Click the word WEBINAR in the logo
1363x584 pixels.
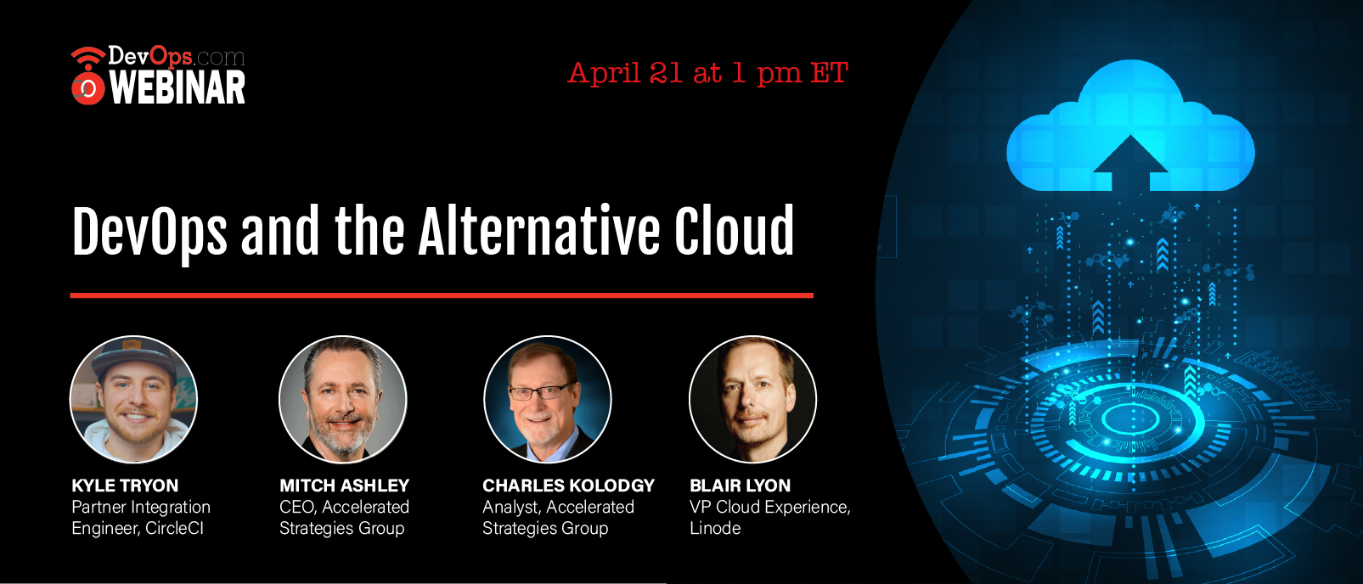(177, 87)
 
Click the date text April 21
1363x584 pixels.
(625, 74)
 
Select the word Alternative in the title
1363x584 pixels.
(538, 231)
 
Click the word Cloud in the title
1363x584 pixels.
(734, 230)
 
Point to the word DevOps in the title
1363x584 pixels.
(149, 235)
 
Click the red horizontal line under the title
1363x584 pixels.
(442, 295)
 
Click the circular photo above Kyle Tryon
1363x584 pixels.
(134, 399)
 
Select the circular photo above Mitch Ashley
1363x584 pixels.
(342, 399)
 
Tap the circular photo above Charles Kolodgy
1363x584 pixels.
(548, 399)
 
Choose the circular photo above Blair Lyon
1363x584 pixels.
(752, 399)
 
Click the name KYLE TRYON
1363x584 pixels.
(125, 486)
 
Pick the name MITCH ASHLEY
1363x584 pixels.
(345, 486)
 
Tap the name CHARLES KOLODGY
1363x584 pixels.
(568, 486)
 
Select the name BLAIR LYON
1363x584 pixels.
(740, 486)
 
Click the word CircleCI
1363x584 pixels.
(174, 528)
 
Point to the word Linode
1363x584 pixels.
(715, 528)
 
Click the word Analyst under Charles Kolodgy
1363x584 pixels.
(511, 508)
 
